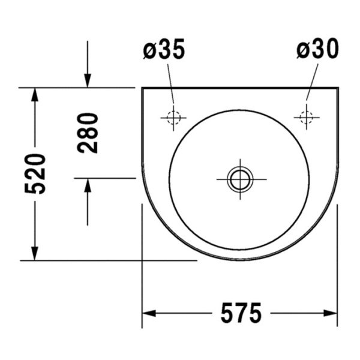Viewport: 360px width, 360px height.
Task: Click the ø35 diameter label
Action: (164, 50)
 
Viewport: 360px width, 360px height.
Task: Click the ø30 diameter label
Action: (317, 50)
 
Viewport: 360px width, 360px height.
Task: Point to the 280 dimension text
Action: (88, 133)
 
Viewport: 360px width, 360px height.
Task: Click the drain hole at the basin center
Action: (240, 178)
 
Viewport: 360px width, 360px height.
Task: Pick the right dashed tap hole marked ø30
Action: (307, 117)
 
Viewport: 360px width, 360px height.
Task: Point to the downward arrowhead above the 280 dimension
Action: (88, 80)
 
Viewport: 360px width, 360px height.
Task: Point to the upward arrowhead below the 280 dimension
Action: (88, 186)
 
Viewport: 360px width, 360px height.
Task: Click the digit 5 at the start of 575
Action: (224, 313)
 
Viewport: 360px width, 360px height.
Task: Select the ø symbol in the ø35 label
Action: (149, 50)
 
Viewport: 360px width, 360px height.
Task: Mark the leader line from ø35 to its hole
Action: (170, 84)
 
